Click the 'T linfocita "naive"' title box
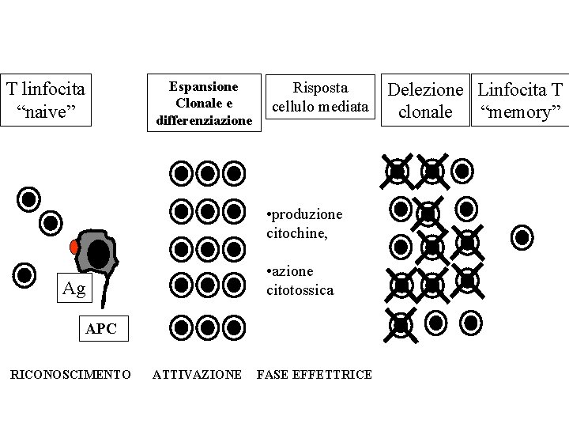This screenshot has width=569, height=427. coord(46,99)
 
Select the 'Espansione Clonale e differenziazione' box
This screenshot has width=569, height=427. coord(204,102)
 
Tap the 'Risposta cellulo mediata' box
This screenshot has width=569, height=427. coord(320,96)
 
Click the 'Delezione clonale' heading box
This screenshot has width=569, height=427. coord(424,100)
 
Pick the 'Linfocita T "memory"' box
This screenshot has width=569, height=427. coord(519,100)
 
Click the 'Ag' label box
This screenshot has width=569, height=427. coord(73,288)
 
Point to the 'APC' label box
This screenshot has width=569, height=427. coord(100,329)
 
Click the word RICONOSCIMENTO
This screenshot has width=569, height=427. coord(70,374)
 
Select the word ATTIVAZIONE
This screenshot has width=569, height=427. coord(197,374)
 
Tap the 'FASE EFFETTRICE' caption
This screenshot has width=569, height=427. coord(314,374)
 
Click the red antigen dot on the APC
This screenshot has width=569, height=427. coord(74,247)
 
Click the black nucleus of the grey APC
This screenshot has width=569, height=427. coord(99,254)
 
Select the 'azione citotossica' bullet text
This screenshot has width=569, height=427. coord(300,281)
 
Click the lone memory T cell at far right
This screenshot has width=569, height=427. coord(522,236)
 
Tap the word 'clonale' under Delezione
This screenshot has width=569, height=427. coord(425,112)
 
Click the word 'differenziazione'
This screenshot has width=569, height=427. coord(205,120)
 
